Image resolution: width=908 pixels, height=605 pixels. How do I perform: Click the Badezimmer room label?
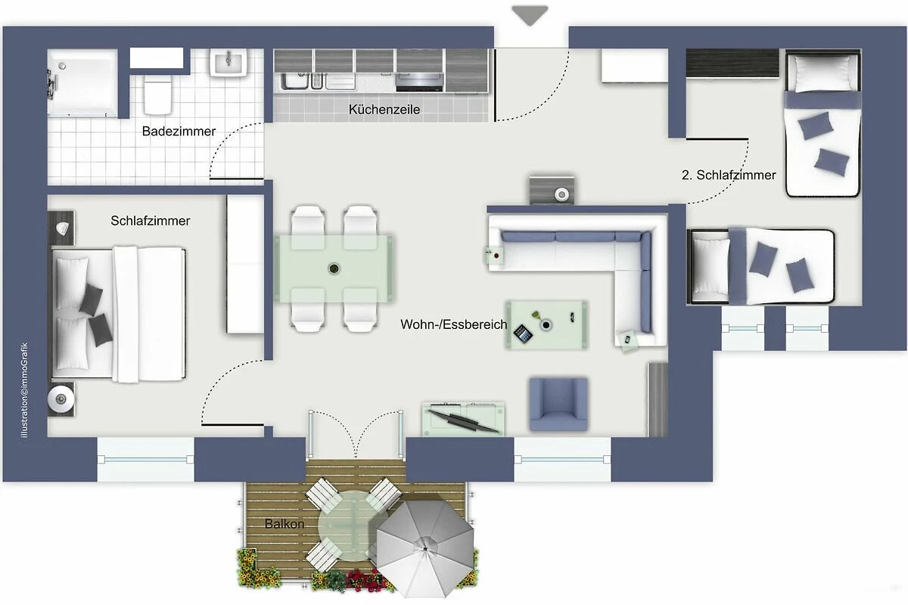point(179,132)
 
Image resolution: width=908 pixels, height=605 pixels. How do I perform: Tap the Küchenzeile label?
point(384,110)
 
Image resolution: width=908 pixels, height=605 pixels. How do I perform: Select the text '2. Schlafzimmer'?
point(729,175)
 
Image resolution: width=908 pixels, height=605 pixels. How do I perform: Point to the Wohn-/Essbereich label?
point(453,324)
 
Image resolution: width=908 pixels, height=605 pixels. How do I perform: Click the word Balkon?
point(285,524)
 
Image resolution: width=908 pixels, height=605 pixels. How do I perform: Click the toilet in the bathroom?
point(157,97)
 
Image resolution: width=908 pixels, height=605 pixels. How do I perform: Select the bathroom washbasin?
point(229,63)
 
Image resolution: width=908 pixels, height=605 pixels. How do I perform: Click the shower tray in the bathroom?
point(82,82)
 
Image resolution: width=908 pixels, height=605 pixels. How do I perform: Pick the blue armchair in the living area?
point(558,404)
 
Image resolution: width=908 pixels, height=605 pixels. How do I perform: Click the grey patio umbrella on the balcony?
point(424,549)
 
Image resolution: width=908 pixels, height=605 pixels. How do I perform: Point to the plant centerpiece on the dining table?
point(334,268)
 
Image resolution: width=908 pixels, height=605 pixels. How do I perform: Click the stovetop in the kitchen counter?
point(419,82)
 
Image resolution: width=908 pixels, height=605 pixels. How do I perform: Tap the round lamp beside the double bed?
point(61,399)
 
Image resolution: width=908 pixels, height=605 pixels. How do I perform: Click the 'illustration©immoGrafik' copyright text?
point(25,390)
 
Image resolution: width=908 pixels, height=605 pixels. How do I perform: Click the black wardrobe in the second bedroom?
point(732,63)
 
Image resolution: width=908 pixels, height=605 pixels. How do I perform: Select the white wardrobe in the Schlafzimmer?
point(245,264)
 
